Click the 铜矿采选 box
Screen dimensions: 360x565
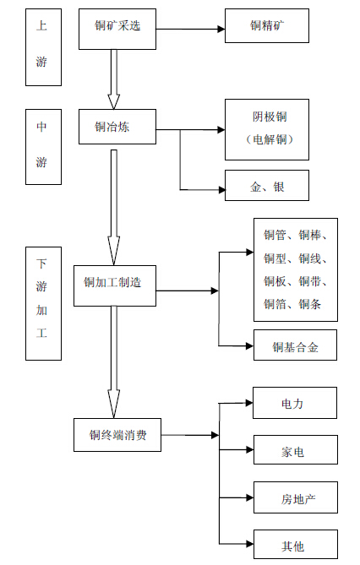click(117, 30)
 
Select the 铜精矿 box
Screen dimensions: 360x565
click(267, 26)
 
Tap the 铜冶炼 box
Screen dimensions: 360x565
click(117, 127)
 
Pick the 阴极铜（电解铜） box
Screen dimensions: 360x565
click(267, 130)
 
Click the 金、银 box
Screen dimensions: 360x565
click(267, 185)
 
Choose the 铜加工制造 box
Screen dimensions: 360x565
click(115, 286)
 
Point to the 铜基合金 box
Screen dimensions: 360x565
click(295, 345)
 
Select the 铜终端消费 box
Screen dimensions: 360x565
click(117, 435)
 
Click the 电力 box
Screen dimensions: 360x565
click(295, 403)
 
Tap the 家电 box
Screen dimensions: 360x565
click(296, 449)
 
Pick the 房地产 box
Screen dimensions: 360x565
click(296, 497)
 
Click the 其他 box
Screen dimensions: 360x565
click(296, 544)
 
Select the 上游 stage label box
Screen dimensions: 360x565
click(43, 47)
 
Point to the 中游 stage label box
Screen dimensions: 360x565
click(43, 147)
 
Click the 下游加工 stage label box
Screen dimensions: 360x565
click(43, 303)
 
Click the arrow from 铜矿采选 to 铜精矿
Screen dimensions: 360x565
click(190, 30)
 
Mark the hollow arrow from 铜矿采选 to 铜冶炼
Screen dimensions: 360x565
click(113, 79)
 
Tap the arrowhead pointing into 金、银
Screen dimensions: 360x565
click(221, 189)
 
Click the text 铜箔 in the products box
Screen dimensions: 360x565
click(275, 304)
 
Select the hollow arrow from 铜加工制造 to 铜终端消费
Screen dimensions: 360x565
click(113, 362)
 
